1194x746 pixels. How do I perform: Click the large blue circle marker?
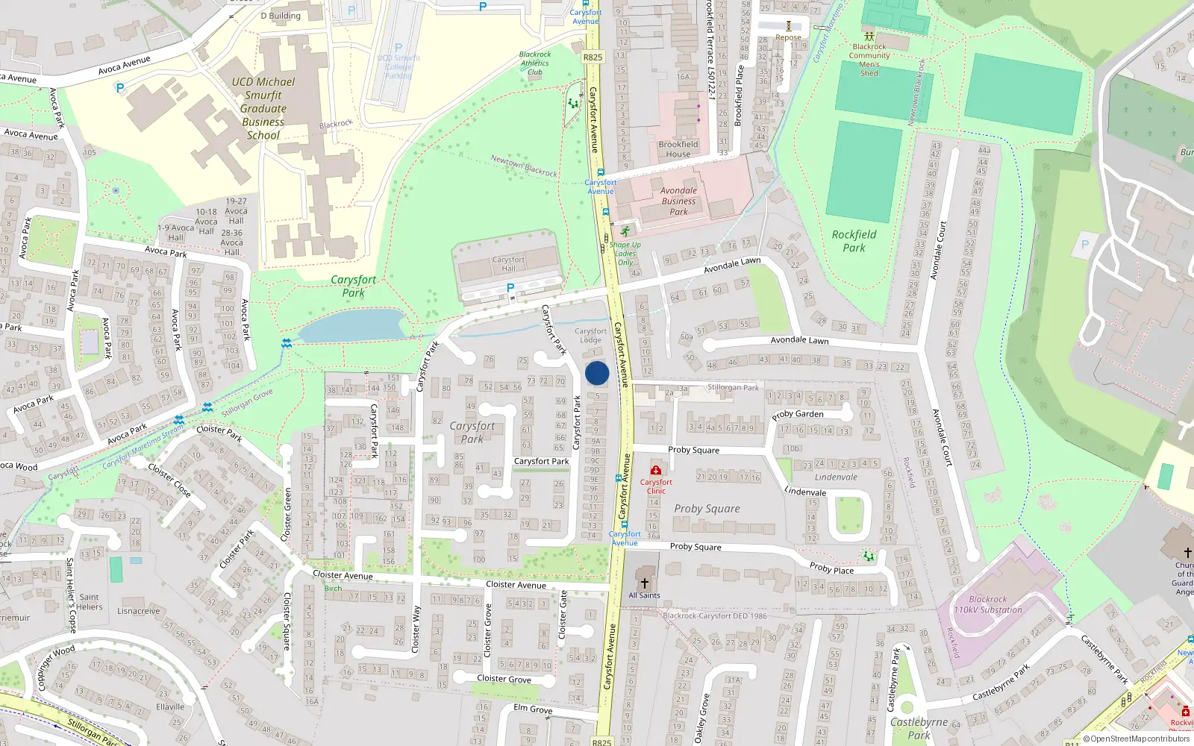click(597, 373)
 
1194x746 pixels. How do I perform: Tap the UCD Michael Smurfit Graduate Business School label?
click(263, 108)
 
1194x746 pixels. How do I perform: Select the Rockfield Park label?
click(854, 241)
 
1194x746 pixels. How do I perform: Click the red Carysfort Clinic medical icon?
click(655, 470)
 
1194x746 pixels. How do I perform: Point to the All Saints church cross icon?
click(644, 583)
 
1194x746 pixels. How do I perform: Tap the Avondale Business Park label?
click(678, 201)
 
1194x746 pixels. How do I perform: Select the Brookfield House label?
click(678, 149)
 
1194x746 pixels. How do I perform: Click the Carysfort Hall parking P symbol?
click(510, 288)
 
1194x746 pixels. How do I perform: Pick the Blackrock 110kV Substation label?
click(987, 604)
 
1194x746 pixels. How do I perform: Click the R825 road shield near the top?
click(593, 57)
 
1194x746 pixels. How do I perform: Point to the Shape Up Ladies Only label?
click(625, 254)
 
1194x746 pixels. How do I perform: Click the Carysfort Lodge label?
click(590, 336)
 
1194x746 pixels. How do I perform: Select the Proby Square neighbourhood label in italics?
click(707, 509)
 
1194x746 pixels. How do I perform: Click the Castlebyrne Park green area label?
click(919, 728)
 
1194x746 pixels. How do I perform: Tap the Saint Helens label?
click(89, 601)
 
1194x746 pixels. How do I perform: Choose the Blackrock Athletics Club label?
click(535, 63)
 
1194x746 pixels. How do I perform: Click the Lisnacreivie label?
click(139, 611)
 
